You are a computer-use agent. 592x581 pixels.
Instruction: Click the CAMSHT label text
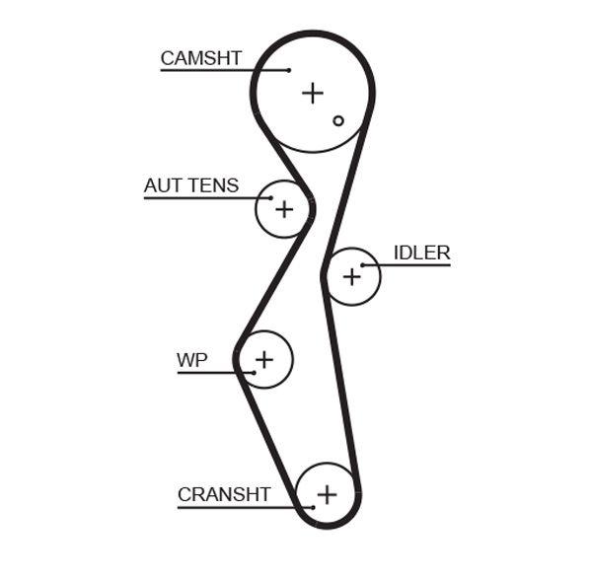(200, 58)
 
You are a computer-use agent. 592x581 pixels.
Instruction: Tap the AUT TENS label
(190, 185)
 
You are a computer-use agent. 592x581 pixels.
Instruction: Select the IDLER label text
(421, 253)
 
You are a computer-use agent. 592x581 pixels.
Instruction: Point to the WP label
(191, 360)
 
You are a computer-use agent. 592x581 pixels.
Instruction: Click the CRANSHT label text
(224, 494)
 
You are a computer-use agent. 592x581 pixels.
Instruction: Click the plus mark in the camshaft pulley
(313, 93)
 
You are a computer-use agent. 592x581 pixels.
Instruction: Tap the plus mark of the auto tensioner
(284, 209)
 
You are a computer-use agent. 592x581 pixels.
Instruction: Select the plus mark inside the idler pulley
(352, 277)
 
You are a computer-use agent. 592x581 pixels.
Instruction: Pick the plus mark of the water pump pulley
(264, 359)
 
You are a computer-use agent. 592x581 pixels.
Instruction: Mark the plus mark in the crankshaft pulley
(327, 493)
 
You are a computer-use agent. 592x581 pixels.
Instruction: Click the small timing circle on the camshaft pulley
(338, 120)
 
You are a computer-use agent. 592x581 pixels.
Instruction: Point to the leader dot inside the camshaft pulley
(288, 70)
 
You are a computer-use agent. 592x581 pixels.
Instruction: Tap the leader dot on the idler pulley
(363, 264)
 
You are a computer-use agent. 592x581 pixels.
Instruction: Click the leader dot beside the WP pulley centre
(254, 372)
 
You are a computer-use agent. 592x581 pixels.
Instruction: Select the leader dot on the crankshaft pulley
(314, 507)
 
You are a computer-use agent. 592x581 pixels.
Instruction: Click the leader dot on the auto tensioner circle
(270, 198)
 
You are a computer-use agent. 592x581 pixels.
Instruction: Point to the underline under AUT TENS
(206, 198)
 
